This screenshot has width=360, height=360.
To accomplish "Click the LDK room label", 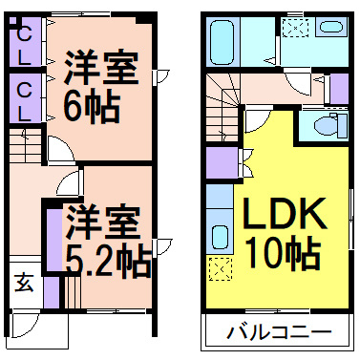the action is [x=285, y=214].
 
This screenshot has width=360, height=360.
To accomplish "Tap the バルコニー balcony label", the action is [x=279, y=332].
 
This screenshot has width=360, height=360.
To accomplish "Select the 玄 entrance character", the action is [x=24, y=283].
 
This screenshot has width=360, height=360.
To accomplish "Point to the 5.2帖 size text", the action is [x=108, y=260].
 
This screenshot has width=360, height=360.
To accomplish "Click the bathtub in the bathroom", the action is [x=222, y=41].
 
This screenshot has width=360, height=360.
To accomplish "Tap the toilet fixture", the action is [x=330, y=126].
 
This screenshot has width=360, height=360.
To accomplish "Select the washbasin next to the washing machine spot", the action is [x=330, y=27].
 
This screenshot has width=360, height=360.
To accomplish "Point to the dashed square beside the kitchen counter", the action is [x=221, y=269].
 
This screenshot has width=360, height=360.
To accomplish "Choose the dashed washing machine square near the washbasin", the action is [x=296, y=28].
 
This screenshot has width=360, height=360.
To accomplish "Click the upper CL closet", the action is [x=25, y=41].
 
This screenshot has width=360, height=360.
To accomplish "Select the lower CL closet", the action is [x=25, y=98].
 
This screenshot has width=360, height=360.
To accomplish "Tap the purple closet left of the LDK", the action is [x=222, y=162].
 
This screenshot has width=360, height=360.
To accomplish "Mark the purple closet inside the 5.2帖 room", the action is [x=54, y=240].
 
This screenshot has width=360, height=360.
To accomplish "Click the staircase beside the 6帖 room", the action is [x=26, y=146].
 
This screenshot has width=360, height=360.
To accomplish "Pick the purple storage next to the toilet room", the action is [x=340, y=89].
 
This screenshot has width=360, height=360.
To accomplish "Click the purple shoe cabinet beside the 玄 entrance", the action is [x=52, y=292].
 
